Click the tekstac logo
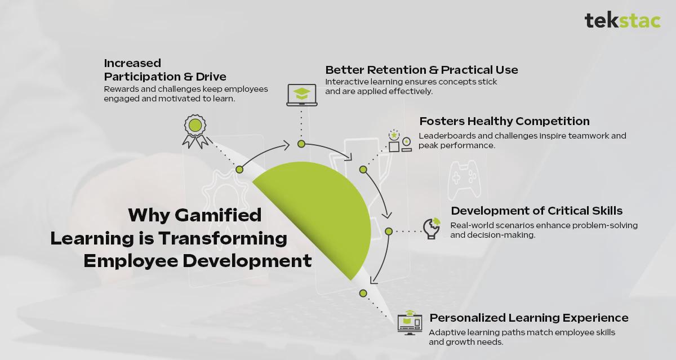[622, 20]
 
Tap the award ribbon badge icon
[195, 131]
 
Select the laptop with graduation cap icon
[302, 95]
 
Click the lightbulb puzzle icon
[432, 228]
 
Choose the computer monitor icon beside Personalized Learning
[410, 323]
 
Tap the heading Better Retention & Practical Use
[421, 70]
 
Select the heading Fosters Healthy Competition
[504, 121]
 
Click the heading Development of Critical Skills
[536, 211]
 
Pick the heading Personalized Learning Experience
[529, 318]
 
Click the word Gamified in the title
[218, 215]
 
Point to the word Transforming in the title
[223, 238]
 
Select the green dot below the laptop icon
[301, 144]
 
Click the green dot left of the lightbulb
[389, 232]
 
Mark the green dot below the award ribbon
[239, 169]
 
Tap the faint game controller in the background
[464, 180]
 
